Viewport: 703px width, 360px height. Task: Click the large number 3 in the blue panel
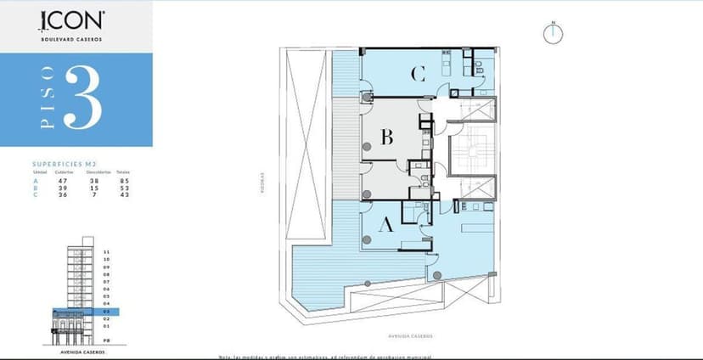pos(82,99)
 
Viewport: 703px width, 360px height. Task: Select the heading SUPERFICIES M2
pos(63,164)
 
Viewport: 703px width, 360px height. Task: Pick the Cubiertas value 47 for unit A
pos(63,180)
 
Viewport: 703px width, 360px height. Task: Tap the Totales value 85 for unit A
pos(123,180)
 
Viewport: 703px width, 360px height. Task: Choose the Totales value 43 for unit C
pos(123,195)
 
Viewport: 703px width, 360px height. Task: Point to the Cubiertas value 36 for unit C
pos(63,195)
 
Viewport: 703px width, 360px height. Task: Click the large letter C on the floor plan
pos(417,74)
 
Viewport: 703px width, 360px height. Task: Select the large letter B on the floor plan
pos(386,137)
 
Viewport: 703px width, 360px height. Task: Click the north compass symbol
pos(553,33)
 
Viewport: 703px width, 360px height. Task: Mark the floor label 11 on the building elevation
pos(106,252)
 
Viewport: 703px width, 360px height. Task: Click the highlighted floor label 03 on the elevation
pos(106,312)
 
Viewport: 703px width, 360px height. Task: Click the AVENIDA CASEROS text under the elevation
pos(84,350)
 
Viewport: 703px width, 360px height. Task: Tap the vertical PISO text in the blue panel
pos(47,99)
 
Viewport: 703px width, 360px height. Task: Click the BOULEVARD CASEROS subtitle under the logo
pos(72,38)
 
